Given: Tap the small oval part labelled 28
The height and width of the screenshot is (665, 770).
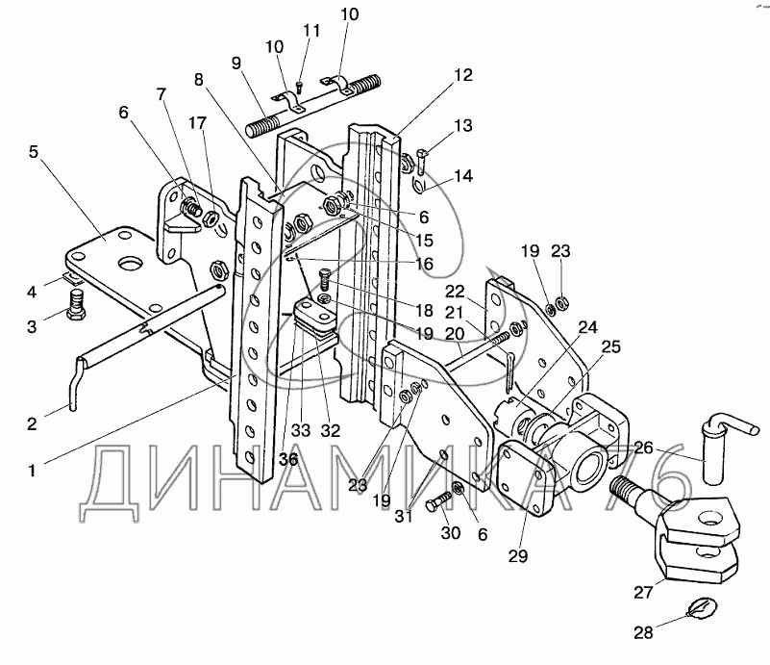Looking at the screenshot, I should pyautogui.click(x=700, y=608).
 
